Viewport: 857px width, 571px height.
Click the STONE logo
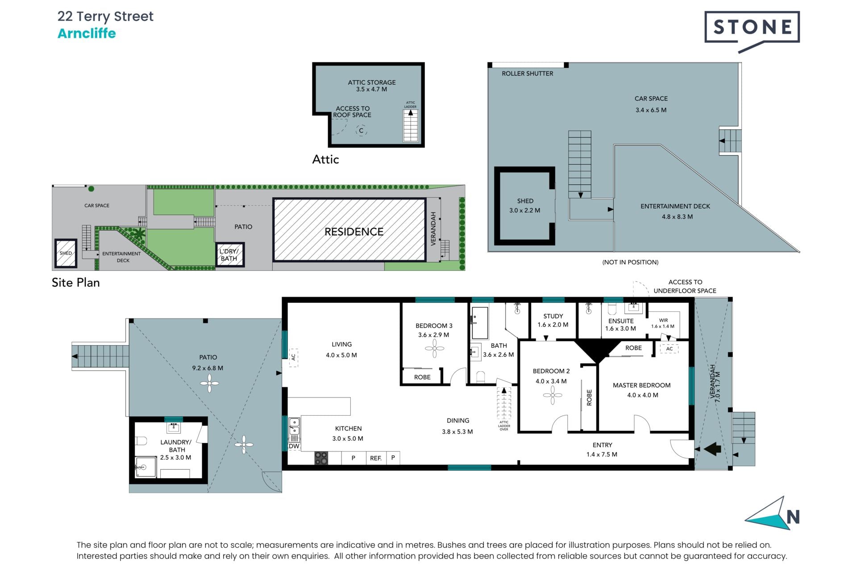752,32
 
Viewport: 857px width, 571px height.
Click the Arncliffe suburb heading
87,33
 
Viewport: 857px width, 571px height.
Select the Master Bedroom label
641,385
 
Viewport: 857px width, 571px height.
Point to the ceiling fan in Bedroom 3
434,349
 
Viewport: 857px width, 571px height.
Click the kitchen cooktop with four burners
321,458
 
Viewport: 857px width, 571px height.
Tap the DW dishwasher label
294,446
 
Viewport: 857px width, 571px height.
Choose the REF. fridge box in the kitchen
376,458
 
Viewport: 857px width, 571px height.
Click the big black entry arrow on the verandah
712,449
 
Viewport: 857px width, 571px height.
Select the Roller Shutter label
527,74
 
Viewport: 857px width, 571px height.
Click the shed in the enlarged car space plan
524,206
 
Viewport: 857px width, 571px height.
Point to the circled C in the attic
361,131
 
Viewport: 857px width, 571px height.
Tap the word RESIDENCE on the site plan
354,232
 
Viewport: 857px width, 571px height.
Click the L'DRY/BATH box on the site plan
229,255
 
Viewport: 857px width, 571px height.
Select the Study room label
553,316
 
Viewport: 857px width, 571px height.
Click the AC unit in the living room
293,357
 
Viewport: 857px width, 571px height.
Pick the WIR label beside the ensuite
663,320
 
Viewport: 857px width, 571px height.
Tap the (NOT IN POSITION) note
630,262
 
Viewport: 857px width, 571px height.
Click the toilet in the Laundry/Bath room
141,441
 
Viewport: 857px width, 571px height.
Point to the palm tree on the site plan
140,232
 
